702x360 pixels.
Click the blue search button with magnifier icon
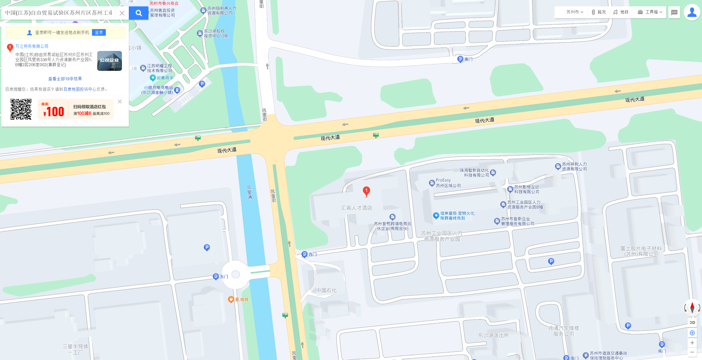[x=139, y=13]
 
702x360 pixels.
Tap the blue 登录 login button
[x=99, y=32]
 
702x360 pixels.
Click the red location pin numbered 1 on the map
[x=366, y=191]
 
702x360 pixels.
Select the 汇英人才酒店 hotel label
[x=356, y=208]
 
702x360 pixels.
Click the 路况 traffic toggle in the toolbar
[x=599, y=12]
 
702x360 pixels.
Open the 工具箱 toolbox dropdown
[x=650, y=12]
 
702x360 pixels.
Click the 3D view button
[x=692, y=322]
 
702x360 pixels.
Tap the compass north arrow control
[x=692, y=307]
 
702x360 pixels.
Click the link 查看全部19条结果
[x=65, y=79]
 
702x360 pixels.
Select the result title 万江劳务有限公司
[x=32, y=46]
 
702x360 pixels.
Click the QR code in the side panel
[x=21, y=109]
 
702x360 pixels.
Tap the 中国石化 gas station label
[x=326, y=290]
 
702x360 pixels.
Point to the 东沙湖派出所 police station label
[x=493, y=335]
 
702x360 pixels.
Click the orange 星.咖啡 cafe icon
[x=231, y=299]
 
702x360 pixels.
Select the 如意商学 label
[x=165, y=78]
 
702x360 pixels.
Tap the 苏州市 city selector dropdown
[x=575, y=12]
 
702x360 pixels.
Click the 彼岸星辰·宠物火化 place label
[x=457, y=215]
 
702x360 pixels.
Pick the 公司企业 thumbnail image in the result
[x=109, y=61]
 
